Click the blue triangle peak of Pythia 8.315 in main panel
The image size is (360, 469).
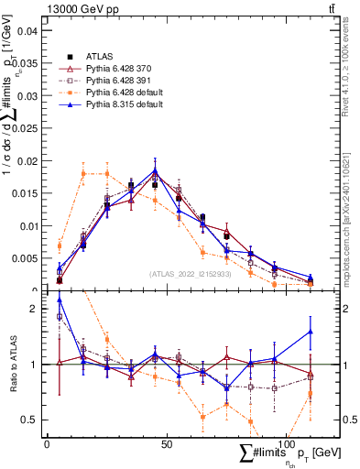tap(155, 169)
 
